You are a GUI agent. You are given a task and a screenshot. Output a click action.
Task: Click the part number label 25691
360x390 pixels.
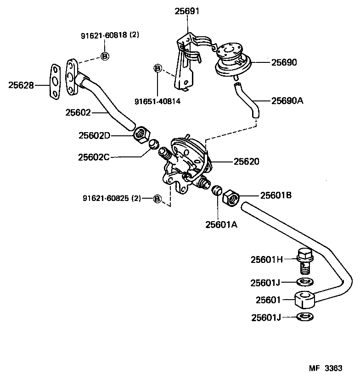(187, 11)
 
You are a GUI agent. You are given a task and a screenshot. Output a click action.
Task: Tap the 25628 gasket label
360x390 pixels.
(21, 84)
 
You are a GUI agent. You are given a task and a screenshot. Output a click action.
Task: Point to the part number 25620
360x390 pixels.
(247, 162)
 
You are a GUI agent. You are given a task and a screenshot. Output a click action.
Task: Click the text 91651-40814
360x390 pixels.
(157, 101)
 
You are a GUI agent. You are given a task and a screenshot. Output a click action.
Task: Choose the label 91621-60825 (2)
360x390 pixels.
(112, 199)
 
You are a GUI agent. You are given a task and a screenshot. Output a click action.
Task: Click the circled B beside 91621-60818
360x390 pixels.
(104, 56)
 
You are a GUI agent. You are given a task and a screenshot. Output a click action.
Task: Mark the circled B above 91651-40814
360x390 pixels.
(157, 69)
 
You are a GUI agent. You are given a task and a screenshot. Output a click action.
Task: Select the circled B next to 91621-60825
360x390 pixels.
(157, 199)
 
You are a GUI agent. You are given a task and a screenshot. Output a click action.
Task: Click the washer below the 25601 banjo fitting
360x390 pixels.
(304, 317)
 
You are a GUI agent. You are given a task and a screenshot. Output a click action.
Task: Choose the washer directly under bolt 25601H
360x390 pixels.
(304, 281)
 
